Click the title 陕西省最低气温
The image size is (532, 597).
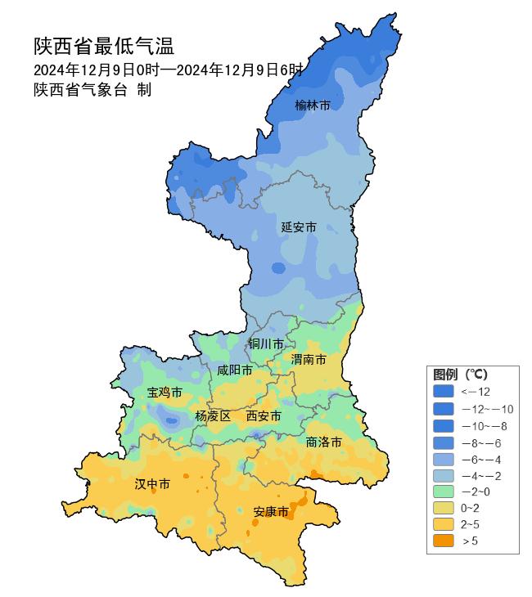[104, 46]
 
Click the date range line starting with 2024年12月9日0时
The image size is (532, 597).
[168, 70]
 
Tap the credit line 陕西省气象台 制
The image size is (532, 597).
[92, 90]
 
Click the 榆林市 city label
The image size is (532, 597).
[313, 105]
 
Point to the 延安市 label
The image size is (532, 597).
[299, 227]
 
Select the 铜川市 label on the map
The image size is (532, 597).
[267, 343]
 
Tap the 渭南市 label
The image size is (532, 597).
[309, 360]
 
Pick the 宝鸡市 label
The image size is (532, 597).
[165, 393]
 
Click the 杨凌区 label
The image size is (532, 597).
[213, 416]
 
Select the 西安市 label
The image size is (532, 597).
[264, 416]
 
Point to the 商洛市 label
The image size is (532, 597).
[323, 442]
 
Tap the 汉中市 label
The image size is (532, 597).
[152, 484]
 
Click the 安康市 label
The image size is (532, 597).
[271, 512]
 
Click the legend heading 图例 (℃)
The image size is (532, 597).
[460, 374]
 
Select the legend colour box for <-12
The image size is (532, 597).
[444, 392]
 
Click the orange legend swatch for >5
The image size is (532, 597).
[444, 541]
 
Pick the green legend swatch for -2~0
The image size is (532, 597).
[444, 491]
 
